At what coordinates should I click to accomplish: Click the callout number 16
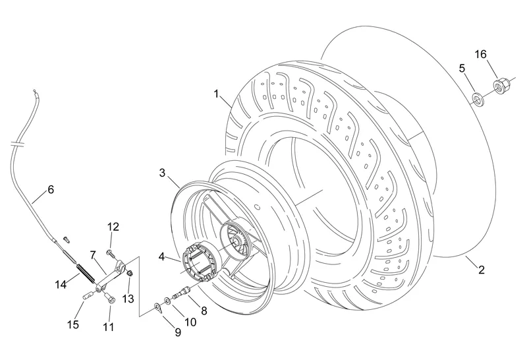[x=481, y=54]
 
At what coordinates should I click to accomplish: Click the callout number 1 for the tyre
[x=217, y=94]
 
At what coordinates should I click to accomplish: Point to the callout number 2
[x=482, y=270]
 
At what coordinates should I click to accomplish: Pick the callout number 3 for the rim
[x=162, y=173]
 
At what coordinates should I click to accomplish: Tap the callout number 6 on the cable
[x=51, y=189]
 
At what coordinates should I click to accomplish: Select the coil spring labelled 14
[x=86, y=274]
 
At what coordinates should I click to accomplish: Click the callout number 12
[x=113, y=227]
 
